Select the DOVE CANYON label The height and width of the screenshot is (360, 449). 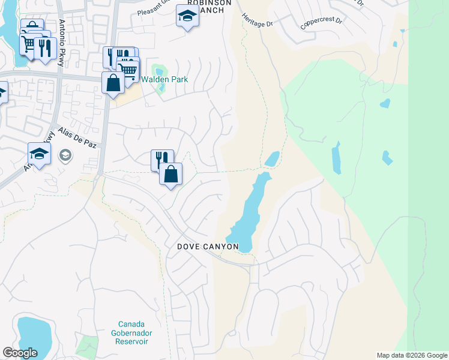tap(208, 247)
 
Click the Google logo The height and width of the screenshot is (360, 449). tap(20, 352)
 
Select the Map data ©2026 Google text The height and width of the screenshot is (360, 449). tap(411, 355)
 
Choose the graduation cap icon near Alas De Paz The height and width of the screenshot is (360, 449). tap(39, 154)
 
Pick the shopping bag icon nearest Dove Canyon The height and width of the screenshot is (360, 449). tap(171, 174)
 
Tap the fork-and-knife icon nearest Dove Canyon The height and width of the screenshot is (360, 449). tap(160, 160)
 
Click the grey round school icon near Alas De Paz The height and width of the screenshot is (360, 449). tap(65, 156)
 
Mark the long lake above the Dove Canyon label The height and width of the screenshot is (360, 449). tap(249, 210)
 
